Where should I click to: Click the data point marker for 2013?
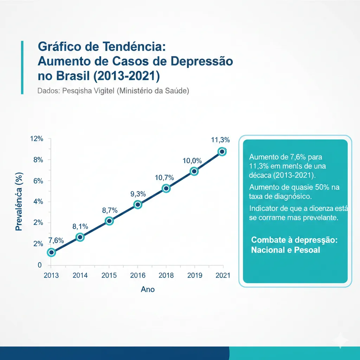[x=52, y=252]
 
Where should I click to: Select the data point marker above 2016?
[x=138, y=205]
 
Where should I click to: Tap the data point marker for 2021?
[x=222, y=152]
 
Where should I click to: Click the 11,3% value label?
[x=220, y=140]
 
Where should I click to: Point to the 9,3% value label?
[x=138, y=194]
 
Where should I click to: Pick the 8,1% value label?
[x=80, y=226]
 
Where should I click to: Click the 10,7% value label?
[x=165, y=178]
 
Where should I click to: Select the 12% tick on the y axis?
[x=37, y=139]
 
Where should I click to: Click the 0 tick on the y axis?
[x=40, y=265]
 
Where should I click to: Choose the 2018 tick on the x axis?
[x=166, y=275]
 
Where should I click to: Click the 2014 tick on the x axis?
[x=80, y=275]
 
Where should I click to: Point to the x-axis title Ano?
[x=148, y=289]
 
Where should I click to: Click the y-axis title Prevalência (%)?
[x=19, y=201]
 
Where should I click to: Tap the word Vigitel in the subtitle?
[x=101, y=91]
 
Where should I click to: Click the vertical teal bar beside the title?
[x=22, y=67]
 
